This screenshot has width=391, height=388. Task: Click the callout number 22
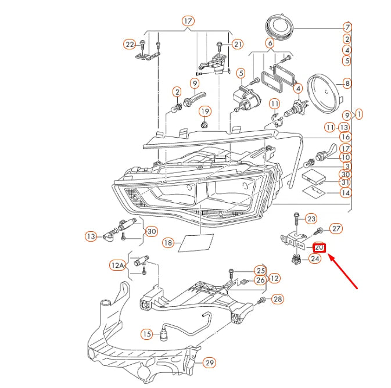129,44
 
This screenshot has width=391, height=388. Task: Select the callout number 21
237,44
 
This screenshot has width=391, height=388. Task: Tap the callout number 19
205,111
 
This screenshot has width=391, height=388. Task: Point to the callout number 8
347,83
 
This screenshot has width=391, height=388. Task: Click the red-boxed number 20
320,247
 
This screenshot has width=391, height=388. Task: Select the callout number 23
312,218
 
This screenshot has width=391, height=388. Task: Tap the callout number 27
336,228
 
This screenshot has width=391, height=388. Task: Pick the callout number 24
315,259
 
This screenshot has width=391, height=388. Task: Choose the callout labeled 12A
117,265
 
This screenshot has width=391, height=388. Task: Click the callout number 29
209,363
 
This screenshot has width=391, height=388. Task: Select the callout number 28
278,299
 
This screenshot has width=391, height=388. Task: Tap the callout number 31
345,182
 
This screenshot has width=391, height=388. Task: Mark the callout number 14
345,192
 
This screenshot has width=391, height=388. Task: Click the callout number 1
358,114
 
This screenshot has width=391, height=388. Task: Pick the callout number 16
345,137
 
